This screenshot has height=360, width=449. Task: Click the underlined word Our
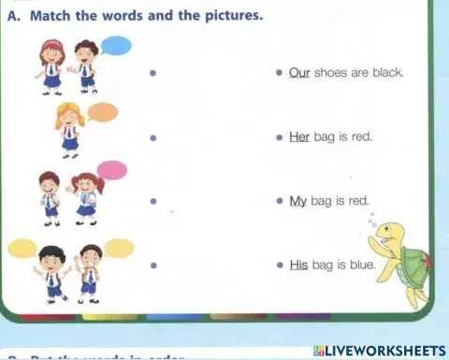point(299,72)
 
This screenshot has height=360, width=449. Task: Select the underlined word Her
point(299,137)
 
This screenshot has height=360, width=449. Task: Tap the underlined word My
point(298,200)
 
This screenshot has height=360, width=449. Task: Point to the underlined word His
point(298,265)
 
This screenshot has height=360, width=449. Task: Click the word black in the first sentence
point(385,72)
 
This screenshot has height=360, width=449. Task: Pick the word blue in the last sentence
point(360,265)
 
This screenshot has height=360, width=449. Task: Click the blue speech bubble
point(116,46)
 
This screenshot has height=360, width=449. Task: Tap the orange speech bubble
point(103,113)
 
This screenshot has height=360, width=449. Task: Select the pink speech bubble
point(111,170)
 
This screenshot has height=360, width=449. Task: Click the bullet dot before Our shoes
point(279,73)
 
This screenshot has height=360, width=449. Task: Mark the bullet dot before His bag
point(279,266)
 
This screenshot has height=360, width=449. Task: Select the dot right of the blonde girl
point(152,137)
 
